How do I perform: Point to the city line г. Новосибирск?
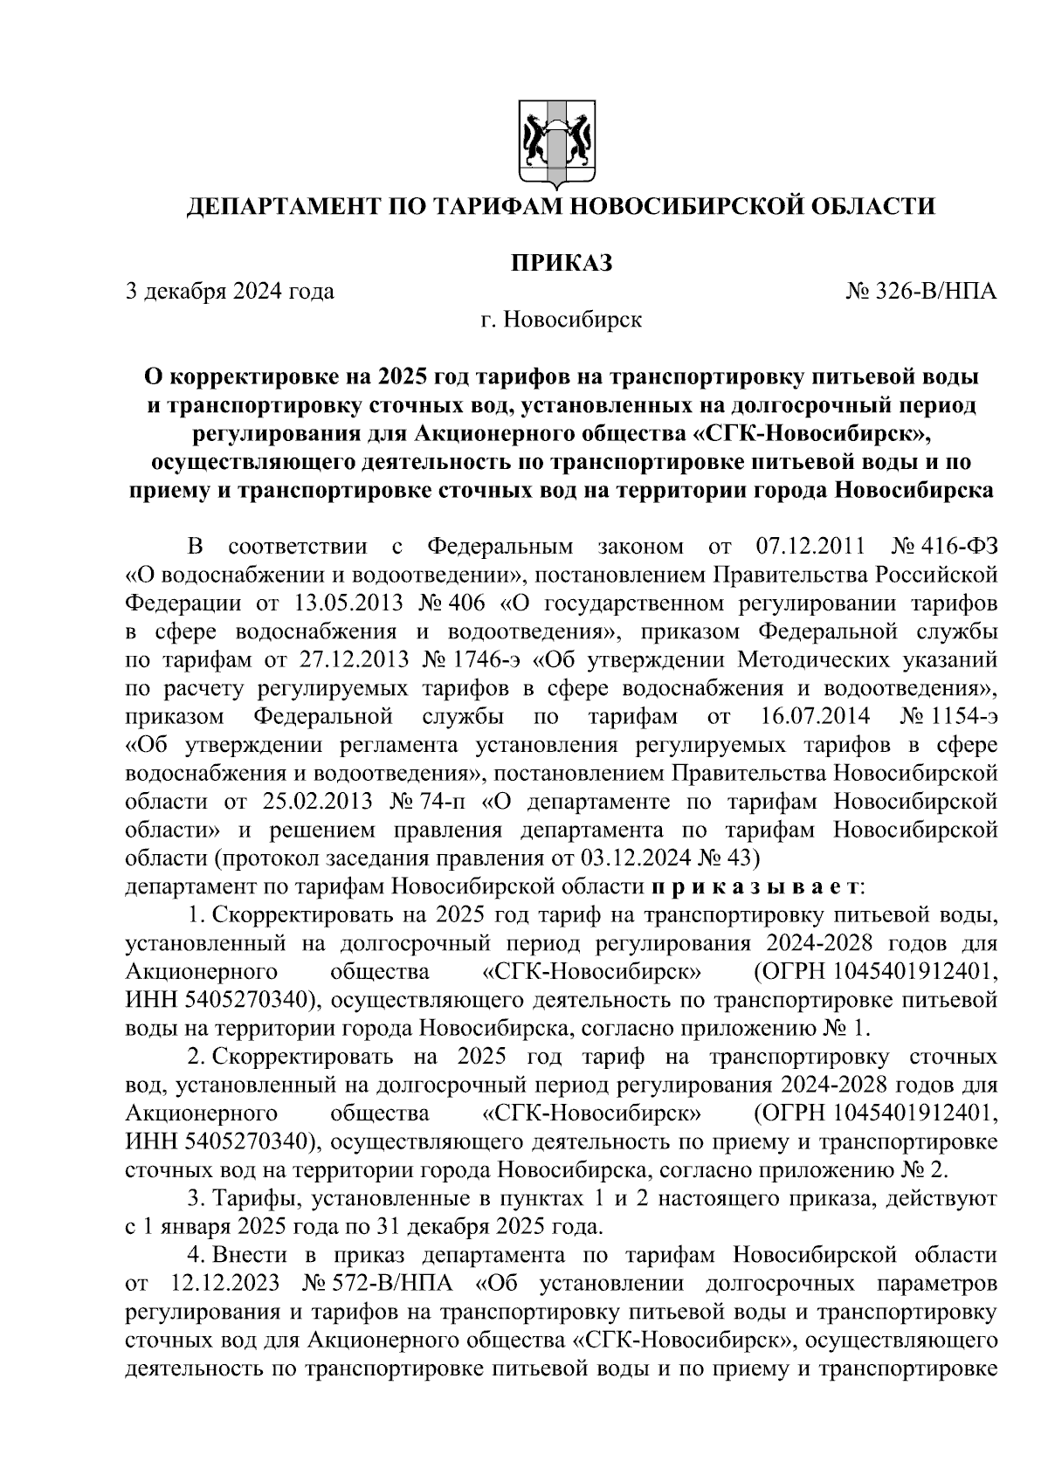click(x=560, y=320)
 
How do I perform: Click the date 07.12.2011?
click(x=807, y=548)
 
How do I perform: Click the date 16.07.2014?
click(x=809, y=717)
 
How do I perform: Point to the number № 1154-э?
click(x=948, y=717)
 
